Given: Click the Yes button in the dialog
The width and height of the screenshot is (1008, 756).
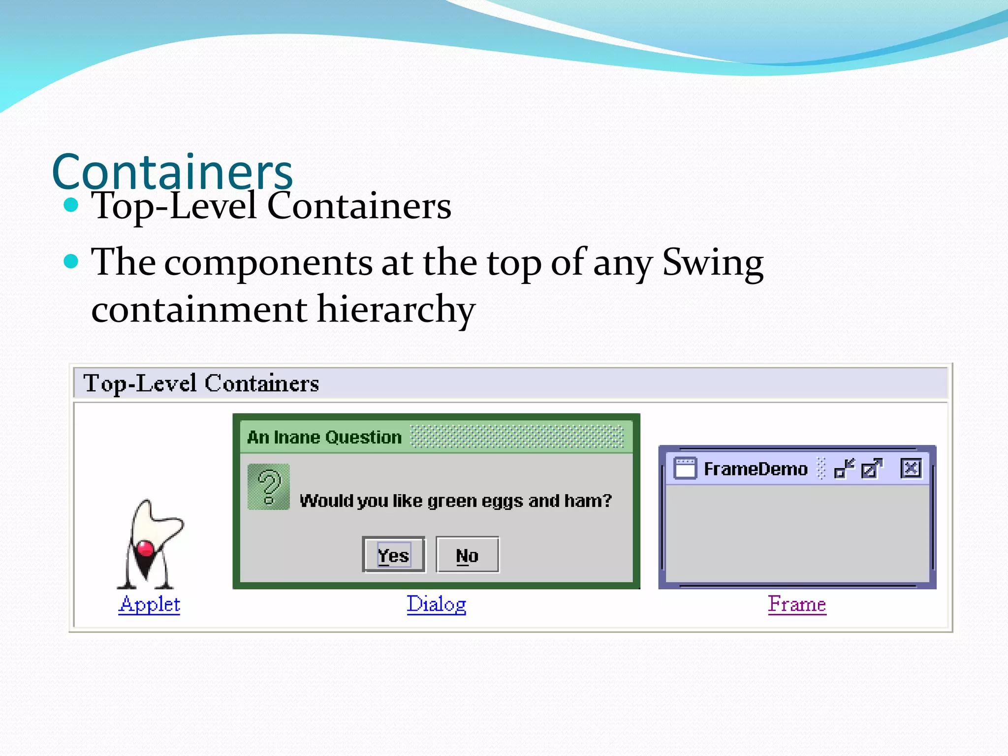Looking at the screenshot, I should [393, 555].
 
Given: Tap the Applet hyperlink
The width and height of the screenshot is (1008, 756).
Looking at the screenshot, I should [149, 604].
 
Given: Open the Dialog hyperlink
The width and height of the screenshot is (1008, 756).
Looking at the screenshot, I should [436, 604].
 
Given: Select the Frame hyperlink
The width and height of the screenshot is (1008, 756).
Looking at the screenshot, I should [797, 604].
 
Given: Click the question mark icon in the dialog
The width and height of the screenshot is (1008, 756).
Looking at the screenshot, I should [269, 487].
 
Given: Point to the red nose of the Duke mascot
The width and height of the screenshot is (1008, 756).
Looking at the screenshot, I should [145, 548].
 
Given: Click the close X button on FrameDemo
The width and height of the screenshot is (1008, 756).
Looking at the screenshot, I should [911, 468].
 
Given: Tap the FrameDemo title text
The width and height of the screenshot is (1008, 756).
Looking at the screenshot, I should [756, 469].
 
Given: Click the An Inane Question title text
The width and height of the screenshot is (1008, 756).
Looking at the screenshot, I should [324, 437].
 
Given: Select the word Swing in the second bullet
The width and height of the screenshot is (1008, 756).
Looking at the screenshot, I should [713, 263].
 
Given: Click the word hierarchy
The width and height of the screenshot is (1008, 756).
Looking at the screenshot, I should [396, 310].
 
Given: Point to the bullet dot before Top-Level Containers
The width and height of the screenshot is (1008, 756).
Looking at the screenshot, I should [71, 205].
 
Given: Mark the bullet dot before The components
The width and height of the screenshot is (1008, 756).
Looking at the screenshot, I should [71, 261].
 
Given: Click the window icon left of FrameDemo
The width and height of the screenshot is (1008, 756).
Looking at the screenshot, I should [685, 468].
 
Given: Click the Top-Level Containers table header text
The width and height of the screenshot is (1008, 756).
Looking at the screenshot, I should [201, 383].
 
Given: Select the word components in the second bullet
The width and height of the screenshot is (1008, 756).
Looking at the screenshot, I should [268, 263].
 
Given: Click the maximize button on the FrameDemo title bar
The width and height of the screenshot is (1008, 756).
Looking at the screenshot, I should [872, 468].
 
